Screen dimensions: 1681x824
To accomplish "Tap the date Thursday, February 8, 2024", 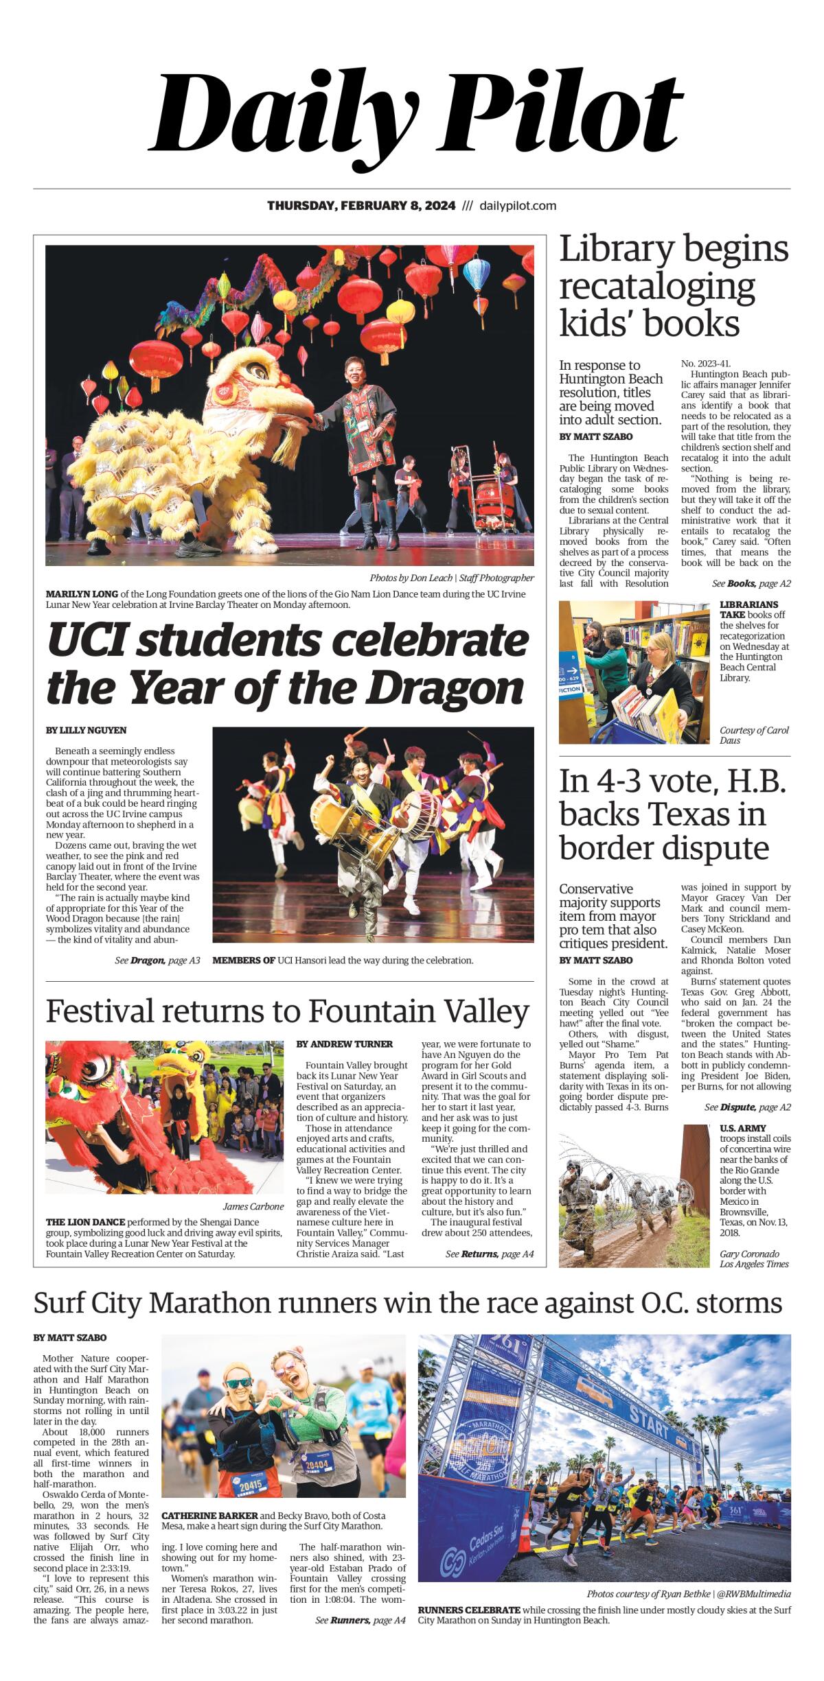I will [361, 206].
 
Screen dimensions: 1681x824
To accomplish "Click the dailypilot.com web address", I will [518, 206].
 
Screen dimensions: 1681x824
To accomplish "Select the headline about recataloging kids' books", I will [673, 286].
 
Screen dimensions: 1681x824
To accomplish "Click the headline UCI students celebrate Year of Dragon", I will [287, 664].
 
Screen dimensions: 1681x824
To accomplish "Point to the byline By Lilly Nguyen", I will [87, 730].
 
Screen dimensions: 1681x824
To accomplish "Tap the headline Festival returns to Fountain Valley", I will [287, 1011].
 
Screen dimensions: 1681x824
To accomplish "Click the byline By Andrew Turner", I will [345, 1044].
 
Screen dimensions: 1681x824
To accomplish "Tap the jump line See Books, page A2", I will [751, 584].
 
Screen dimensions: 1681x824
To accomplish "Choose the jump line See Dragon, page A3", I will [157, 961].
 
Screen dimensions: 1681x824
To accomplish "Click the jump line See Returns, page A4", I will [489, 1254].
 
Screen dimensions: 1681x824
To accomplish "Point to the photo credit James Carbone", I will [253, 1206].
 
